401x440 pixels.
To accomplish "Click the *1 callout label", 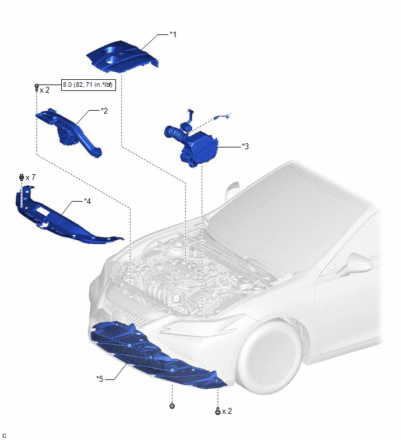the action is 173,34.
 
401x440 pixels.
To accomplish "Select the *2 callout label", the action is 104,111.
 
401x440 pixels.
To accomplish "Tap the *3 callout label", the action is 245,146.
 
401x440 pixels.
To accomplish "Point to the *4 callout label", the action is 87,201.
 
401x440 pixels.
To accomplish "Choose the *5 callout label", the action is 100,379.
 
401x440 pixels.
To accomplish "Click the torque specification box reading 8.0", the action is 89,85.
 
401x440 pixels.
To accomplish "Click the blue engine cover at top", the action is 122,57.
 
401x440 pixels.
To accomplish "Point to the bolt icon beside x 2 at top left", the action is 37,87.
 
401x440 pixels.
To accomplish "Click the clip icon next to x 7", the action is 22,177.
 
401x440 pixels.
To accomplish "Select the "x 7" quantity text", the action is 30,177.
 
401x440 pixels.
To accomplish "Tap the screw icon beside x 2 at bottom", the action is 217,411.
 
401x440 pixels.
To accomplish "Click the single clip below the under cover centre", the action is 172,406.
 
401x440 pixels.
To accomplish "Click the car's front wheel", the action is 269,357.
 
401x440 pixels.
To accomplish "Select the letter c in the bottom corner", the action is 4,435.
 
